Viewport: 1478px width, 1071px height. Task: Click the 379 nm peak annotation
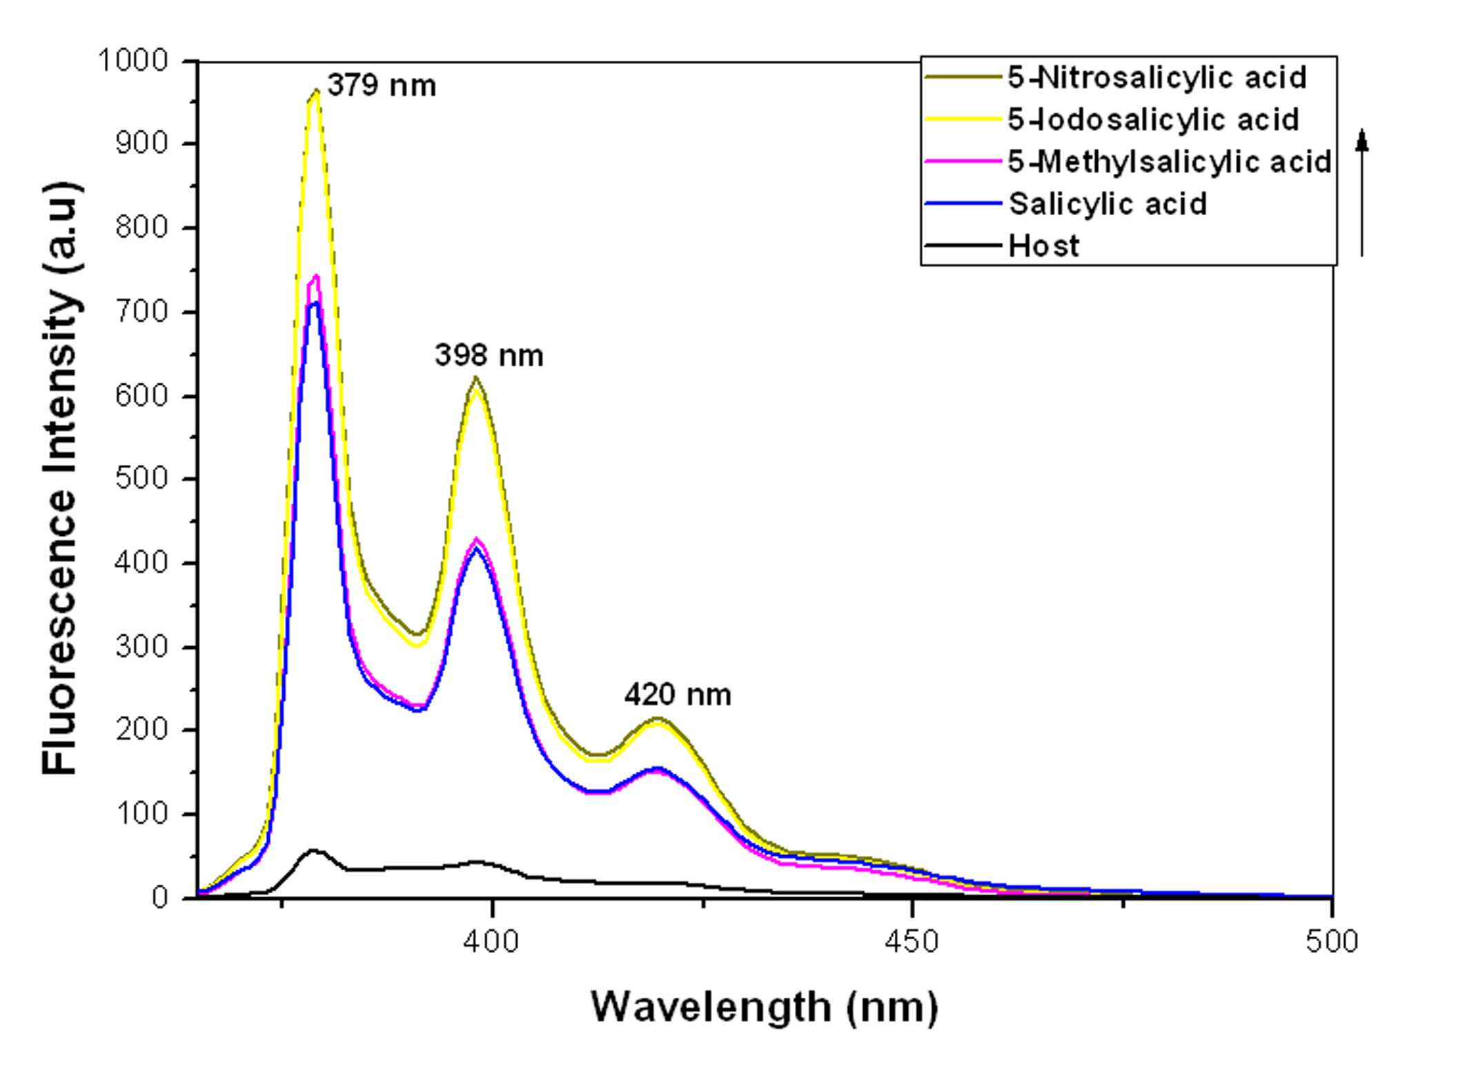click(382, 86)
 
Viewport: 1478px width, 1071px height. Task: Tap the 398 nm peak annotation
click(489, 355)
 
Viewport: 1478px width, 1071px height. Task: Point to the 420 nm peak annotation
click(678, 694)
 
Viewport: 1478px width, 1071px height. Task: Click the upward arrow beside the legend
click(1361, 192)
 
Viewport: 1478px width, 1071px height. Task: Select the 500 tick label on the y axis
click(142, 479)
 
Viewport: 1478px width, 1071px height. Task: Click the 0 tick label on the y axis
click(160, 897)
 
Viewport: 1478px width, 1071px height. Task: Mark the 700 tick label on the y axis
click(142, 312)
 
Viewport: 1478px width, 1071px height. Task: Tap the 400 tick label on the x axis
click(491, 942)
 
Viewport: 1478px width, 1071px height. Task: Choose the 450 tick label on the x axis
click(912, 942)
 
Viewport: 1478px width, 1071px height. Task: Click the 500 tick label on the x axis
click(1332, 942)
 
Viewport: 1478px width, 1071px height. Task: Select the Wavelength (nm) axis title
click(765, 1008)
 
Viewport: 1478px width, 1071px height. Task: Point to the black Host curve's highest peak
click(314, 850)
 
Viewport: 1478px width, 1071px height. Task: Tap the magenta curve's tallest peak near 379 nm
click(316, 276)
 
